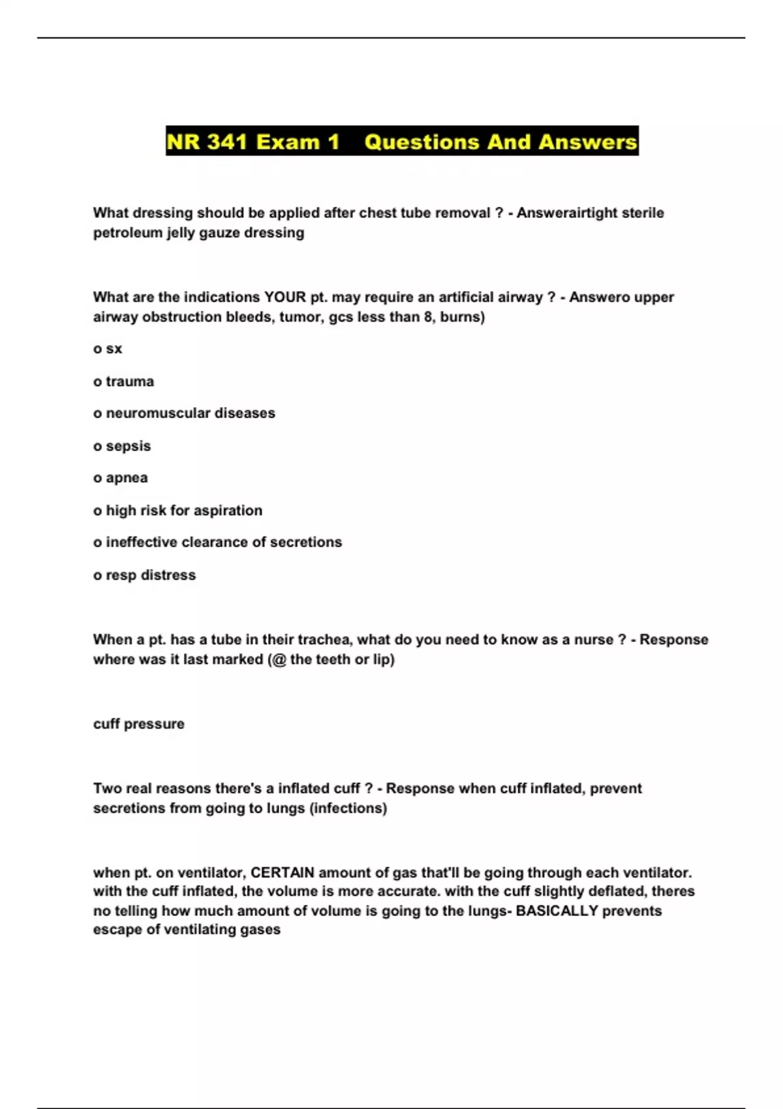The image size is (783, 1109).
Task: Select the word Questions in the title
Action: [x=422, y=142]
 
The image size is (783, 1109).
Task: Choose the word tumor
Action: [x=300, y=317]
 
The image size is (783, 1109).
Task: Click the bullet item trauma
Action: [x=130, y=382]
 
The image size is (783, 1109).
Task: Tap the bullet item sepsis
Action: [x=128, y=446]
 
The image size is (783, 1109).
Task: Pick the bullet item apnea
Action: [x=127, y=478]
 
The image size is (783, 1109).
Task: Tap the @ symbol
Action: [x=279, y=660]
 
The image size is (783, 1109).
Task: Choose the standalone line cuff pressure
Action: [x=138, y=724]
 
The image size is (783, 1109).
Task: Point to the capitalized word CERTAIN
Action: [x=283, y=873]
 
